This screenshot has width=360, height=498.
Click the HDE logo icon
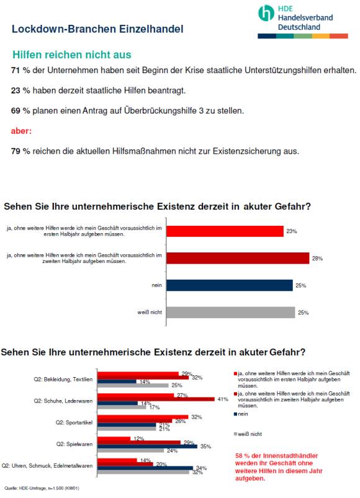coord(266,13)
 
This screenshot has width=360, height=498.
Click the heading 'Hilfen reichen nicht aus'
coord(72,55)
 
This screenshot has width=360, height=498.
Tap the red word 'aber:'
coord(21,131)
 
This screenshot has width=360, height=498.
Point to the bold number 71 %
coord(20,70)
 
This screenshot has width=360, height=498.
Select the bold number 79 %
coord(20,151)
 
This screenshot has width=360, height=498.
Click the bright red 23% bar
coord(225,231)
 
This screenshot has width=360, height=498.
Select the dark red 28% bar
coord(238,258)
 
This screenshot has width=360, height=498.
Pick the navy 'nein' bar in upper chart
coord(230,285)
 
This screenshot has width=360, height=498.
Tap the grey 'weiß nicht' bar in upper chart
coord(231,312)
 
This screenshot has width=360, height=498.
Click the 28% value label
coord(317,259)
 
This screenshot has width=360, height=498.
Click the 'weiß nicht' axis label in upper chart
coord(150,312)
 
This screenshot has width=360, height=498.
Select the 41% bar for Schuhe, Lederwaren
coord(156,399)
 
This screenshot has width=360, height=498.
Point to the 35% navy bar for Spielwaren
coord(148,447)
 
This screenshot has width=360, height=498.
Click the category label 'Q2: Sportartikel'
coord(74,422)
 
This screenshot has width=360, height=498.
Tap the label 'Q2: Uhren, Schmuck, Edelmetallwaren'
coord(47,466)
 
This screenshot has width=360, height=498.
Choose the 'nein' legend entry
coord(241,414)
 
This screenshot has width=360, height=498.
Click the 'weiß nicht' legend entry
coord(248,434)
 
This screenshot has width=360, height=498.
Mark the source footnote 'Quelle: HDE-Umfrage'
coord(42,488)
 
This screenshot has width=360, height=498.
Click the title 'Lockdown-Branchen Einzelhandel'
coord(97,29)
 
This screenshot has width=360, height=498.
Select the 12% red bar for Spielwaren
coord(114,438)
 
